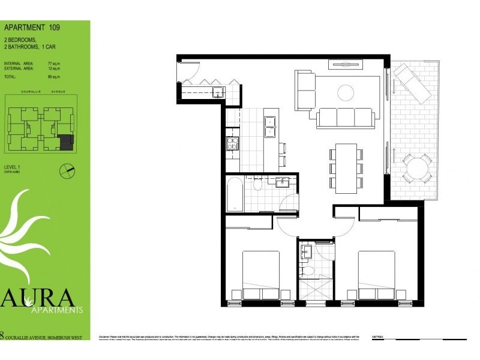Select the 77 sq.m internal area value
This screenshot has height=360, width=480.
point(56,63)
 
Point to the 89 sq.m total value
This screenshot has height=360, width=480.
point(56,77)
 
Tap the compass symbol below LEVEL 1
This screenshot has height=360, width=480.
point(67,170)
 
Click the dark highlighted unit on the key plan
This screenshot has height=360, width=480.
point(66,142)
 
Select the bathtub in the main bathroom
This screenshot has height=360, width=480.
point(235,194)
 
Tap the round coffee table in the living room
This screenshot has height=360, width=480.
point(345,92)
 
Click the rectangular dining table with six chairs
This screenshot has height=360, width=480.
point(346,168)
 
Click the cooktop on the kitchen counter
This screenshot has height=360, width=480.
point(232,143)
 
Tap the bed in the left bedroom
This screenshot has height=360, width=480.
point(261,275)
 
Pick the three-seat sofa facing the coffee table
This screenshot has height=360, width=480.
point(345,118)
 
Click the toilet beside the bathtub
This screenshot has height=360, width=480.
point(258,185)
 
